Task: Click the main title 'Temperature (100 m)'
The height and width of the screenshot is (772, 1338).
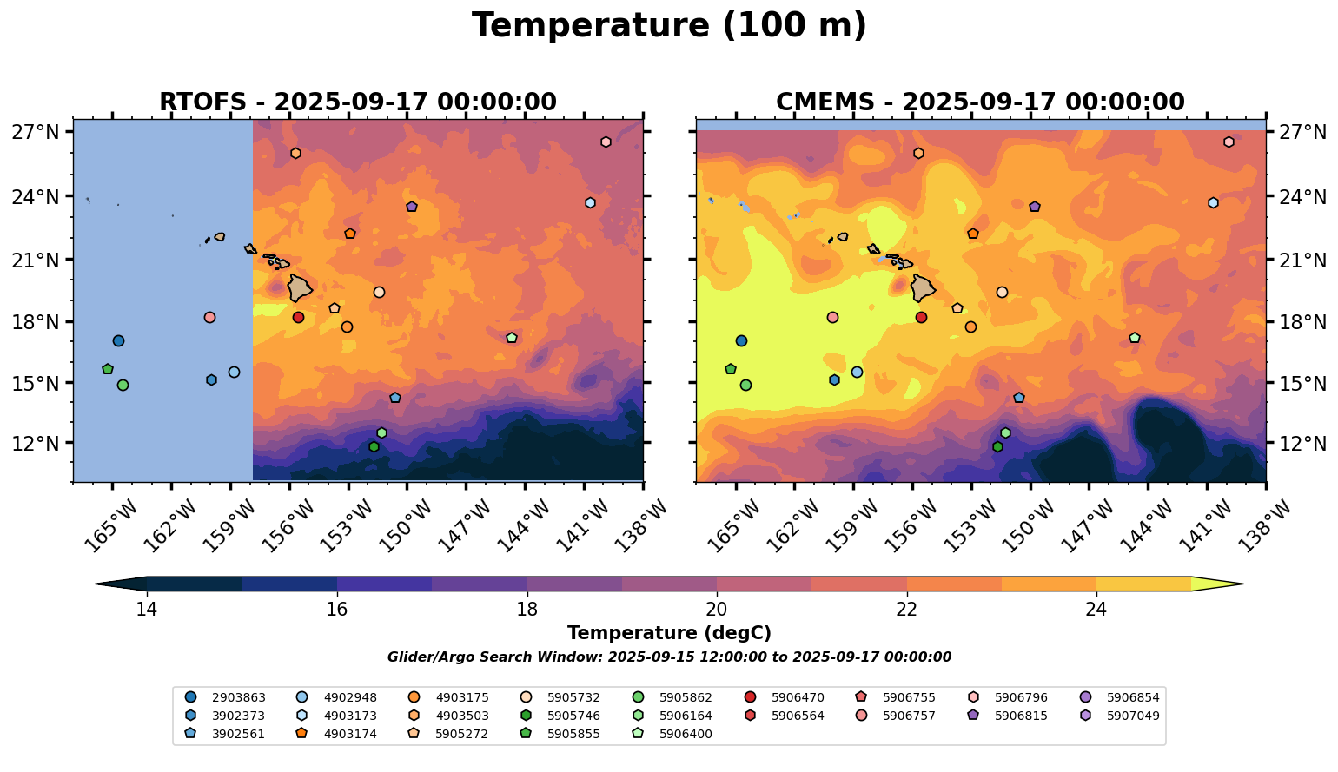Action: point(669,26)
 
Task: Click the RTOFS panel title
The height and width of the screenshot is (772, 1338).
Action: point(357,102)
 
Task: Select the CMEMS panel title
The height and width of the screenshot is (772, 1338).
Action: point(980,102)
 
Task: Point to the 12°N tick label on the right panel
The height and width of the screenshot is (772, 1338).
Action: point(1302,444)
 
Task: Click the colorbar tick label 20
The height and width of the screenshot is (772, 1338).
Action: point(717,610)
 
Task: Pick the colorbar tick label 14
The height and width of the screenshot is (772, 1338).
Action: point(146,610)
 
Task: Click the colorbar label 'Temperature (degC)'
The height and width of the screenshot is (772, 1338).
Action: point(669,634)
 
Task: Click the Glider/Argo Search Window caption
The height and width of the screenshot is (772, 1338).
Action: point(669,657)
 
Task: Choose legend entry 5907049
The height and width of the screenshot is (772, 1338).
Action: point(1133,716)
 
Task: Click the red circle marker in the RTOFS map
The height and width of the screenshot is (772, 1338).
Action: point(298,318)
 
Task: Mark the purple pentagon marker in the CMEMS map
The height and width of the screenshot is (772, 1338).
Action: point(1035,207)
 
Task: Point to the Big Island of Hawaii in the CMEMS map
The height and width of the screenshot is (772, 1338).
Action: point(924,287)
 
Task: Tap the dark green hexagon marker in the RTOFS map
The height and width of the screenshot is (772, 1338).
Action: point(374,447)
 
